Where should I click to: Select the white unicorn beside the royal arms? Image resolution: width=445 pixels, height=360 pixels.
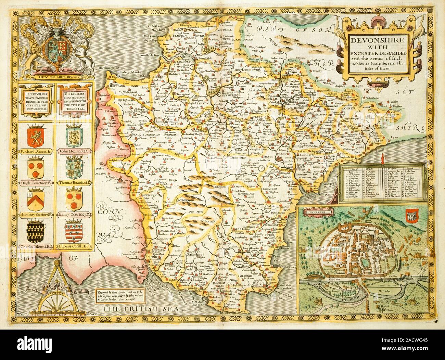click(x=82, y=51)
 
